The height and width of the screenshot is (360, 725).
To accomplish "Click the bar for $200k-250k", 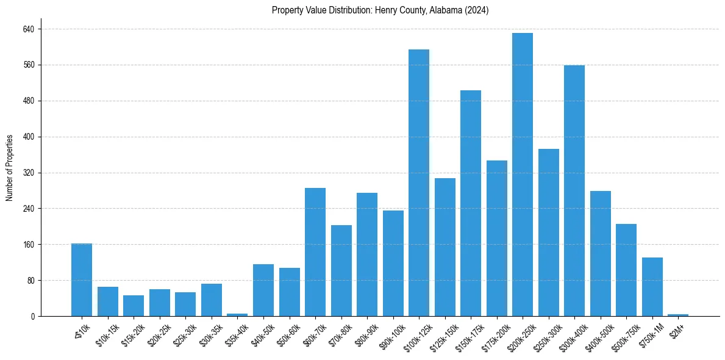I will [x=523, y=175].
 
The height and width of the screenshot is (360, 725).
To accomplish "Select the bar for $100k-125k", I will [x=419, y=183].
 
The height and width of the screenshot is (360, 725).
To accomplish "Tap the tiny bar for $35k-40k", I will [x=237, y=314].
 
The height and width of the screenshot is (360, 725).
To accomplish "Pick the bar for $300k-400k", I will [x=574, y=190].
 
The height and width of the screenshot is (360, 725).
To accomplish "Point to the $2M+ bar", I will [x=678, y=315].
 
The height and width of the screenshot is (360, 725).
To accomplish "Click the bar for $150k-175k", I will [x=471, y=203].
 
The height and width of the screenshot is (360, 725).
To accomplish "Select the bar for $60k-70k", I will [x=315, y=252].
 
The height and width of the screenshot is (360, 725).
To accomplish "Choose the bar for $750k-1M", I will [x=652, y=287].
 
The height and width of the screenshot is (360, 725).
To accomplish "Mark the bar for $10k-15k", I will [x=108, y=301].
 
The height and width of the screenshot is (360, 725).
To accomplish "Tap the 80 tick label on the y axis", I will [x=30, y=281].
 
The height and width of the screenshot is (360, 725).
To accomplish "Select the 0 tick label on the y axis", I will [x=33, y=317].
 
